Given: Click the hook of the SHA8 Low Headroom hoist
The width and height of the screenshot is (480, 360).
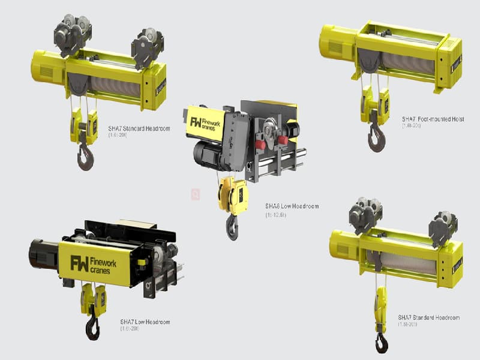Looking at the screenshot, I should (232, 227).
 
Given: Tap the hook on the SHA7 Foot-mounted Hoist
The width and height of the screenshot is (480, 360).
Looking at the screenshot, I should (376, 140).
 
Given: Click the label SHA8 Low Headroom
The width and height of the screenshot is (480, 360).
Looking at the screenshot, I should (292, 206).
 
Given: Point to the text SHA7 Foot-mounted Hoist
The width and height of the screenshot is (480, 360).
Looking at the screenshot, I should (433, 119).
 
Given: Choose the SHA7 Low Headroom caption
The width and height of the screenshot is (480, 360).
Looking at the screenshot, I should (145, 322).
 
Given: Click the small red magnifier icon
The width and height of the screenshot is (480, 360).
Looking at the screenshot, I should (195, 194).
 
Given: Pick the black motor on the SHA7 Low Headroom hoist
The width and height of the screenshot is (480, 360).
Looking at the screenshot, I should (44, 254).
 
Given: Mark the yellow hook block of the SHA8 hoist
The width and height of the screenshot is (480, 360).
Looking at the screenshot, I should (233, 193).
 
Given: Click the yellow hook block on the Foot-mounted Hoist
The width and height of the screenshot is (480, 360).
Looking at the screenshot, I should (374, 104).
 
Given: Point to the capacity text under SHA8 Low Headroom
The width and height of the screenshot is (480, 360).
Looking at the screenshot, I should (276, 214).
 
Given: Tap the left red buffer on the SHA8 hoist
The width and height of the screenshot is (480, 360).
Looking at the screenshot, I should (260, 145).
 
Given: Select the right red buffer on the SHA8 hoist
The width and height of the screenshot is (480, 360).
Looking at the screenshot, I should (282, 140).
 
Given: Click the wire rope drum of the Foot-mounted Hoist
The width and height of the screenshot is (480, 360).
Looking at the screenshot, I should (408, 62).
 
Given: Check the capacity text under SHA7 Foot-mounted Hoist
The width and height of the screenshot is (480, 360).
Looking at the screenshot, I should (413, 127).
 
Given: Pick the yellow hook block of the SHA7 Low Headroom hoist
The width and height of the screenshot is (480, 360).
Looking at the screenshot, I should (93, 299).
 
